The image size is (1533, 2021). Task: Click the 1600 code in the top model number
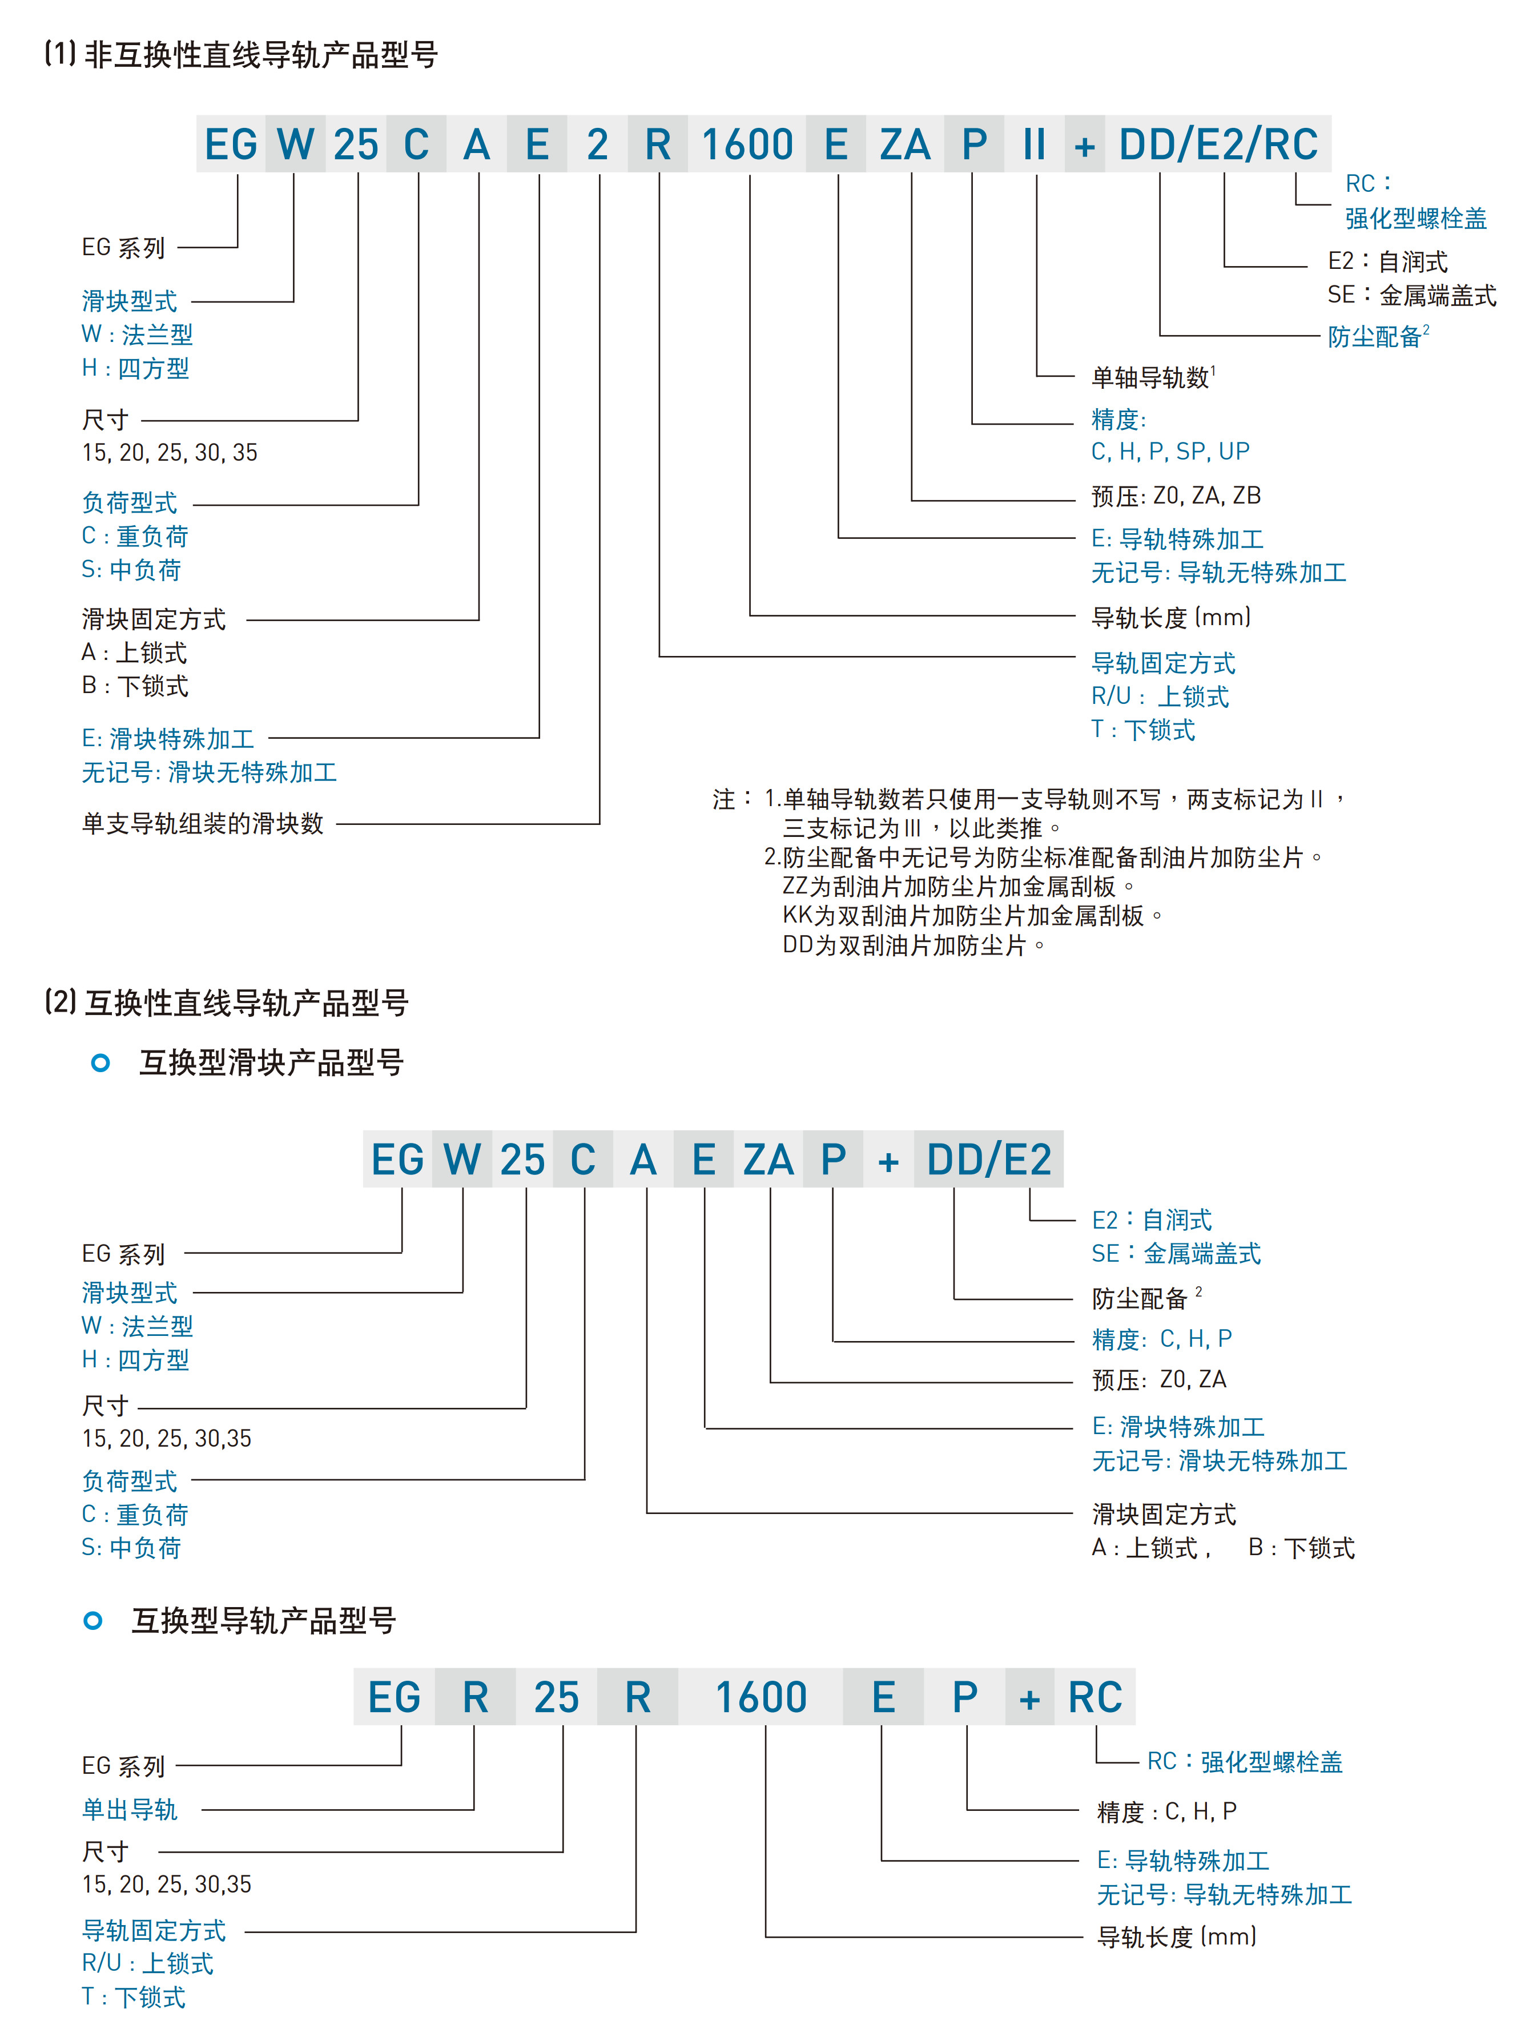747,144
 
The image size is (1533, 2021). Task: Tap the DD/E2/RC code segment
1219,144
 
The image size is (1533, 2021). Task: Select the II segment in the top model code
1034,144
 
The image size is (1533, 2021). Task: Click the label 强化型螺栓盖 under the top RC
1415,218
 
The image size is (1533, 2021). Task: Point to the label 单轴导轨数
1151,377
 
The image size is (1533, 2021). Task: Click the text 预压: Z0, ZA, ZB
1176,496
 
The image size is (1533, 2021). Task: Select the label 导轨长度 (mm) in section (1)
1170,618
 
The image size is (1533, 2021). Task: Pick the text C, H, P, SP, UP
1170,452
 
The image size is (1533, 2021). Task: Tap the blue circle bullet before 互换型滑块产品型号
100,1062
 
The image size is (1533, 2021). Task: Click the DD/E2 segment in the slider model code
988,1160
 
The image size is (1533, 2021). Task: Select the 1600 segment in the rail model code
761,1697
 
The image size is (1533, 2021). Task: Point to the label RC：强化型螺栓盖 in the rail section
1244,1761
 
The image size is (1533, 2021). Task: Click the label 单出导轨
130,1809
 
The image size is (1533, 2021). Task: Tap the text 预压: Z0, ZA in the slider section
1160,1380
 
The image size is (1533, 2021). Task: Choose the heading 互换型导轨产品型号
263,1621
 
